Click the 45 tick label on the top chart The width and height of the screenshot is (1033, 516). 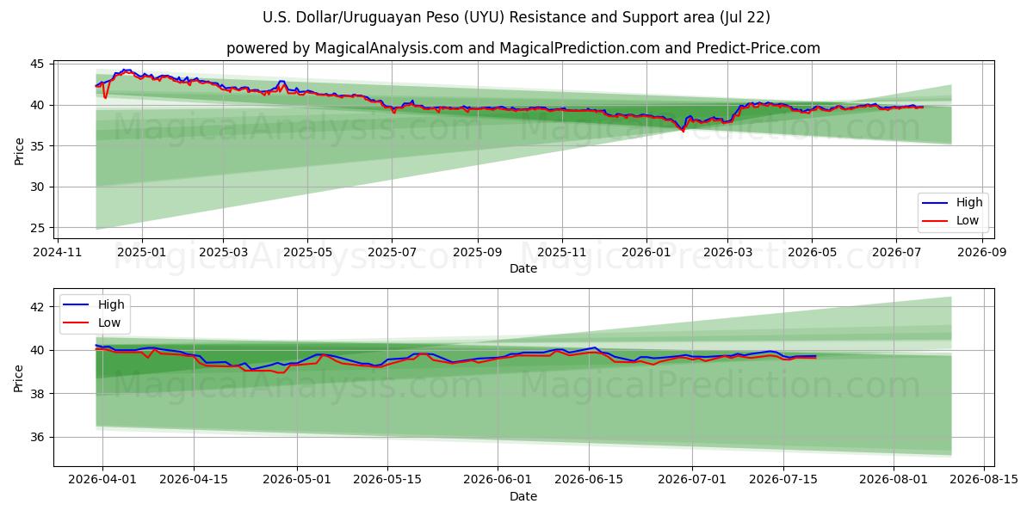click(x=37, y=64)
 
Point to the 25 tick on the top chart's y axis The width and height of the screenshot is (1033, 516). click(x=37, y=228)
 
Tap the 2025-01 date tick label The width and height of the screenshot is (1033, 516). click(x=142, y=253)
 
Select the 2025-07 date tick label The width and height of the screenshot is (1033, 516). click(x=392, y=253)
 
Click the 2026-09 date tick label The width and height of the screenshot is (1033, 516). click(x=982, y=253)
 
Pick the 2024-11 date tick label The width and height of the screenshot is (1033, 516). click(x=57, y=253)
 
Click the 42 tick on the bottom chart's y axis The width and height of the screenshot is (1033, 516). click(x=37, y=307)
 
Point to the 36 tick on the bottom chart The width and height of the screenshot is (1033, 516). click(x=37, y=437)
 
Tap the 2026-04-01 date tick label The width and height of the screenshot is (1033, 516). click(x=102, y=480)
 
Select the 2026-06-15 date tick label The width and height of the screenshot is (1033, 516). click(x=589, y=480)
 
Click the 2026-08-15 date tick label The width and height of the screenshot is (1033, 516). click(x=984, y=480)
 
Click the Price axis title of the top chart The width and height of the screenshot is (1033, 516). click(x=19, y=151)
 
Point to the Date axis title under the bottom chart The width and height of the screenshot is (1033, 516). click(x=523, y=496)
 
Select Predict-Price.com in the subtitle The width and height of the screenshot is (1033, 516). click(x=758, y=48)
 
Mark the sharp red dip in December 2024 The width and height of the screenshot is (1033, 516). click(x=105, y=97)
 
